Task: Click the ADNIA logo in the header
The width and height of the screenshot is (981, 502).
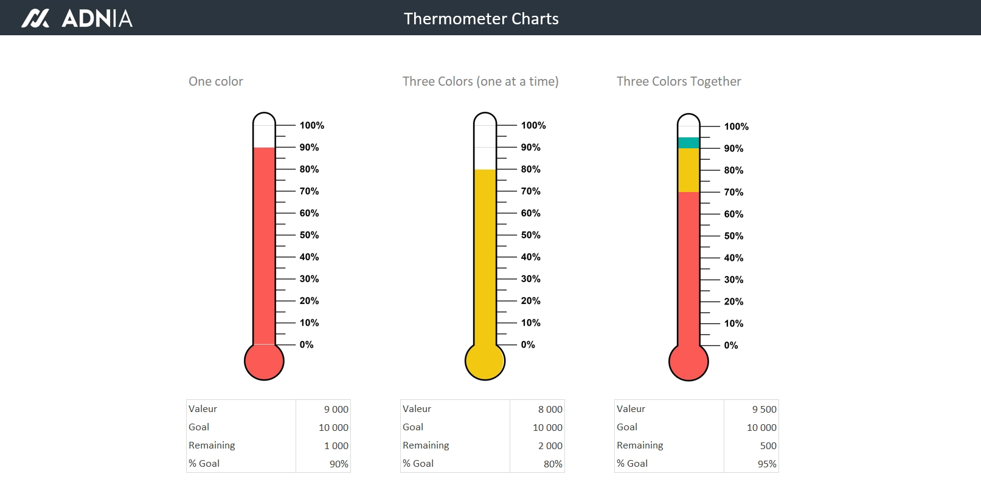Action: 77,18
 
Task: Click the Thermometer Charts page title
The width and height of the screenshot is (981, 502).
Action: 481,19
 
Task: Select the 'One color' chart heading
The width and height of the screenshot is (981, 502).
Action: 216,81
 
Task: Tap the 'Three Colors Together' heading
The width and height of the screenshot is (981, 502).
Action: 679,81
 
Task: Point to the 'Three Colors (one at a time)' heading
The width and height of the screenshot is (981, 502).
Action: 480,81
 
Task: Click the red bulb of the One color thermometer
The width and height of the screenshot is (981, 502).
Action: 264,361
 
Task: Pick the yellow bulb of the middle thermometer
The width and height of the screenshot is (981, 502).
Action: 485,361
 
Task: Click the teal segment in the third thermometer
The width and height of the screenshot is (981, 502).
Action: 688,143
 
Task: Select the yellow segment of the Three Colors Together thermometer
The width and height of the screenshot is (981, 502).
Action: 688,170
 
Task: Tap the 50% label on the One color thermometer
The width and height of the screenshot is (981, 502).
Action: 309,235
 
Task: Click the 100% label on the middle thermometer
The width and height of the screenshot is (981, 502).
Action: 533,126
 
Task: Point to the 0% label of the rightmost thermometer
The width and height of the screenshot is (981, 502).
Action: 731,345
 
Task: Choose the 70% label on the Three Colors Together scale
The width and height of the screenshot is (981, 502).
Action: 733,193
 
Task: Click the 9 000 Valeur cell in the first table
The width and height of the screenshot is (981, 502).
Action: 336,410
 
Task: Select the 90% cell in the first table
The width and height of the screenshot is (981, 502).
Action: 339,464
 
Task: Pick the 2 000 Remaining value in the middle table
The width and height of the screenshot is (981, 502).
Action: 550,446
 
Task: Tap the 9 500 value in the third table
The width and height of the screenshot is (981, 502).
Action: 764,410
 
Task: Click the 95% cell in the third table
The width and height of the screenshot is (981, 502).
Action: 767,464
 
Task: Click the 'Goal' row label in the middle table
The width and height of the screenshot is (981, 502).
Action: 413,427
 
